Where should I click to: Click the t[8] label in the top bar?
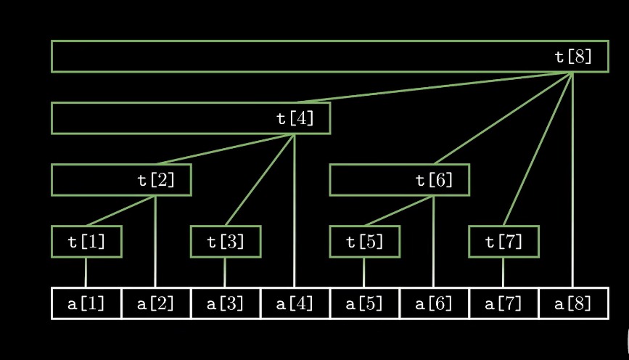pyautogui.click(x=573, y=57)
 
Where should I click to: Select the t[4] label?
pyautogui.click(x=295, y=118)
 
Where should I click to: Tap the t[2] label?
pyautogui.click(x=156, y=180)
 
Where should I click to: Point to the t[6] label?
pyautogui.click(x=435, y=180)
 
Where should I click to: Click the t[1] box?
pyautogui.click(x=86, y=242)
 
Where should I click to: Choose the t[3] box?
pyautogui.click(x=226, y=242)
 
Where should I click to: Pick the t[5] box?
pyautogui.click(x=365, y=242)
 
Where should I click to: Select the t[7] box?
pyautogui.click(x=503, y=242)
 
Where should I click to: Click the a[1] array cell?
pyautogui.click(x=86, y=303)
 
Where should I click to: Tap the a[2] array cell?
pyautogui.click(x=156, y=303)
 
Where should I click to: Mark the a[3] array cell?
pyautogui.click(x=226, y=303)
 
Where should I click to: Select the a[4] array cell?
pyautogui.click(x=295, y=303)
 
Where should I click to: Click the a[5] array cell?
pyautogui.click(x=365, y=303)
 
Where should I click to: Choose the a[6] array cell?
pyautogui.click(x=435, y=303)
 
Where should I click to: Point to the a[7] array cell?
pyautogui.click(x=503, y=303)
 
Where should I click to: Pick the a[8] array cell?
pyautogui.click(x=573, y=303)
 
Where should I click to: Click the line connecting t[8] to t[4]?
pyautogui.click(x=434, y=87)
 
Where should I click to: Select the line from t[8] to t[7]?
pyautogui.click(x=538, y=149)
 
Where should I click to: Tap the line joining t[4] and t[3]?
pyautogui.click(x=260, y=180)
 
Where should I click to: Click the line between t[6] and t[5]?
pyautogui.click(x=399, y=210)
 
